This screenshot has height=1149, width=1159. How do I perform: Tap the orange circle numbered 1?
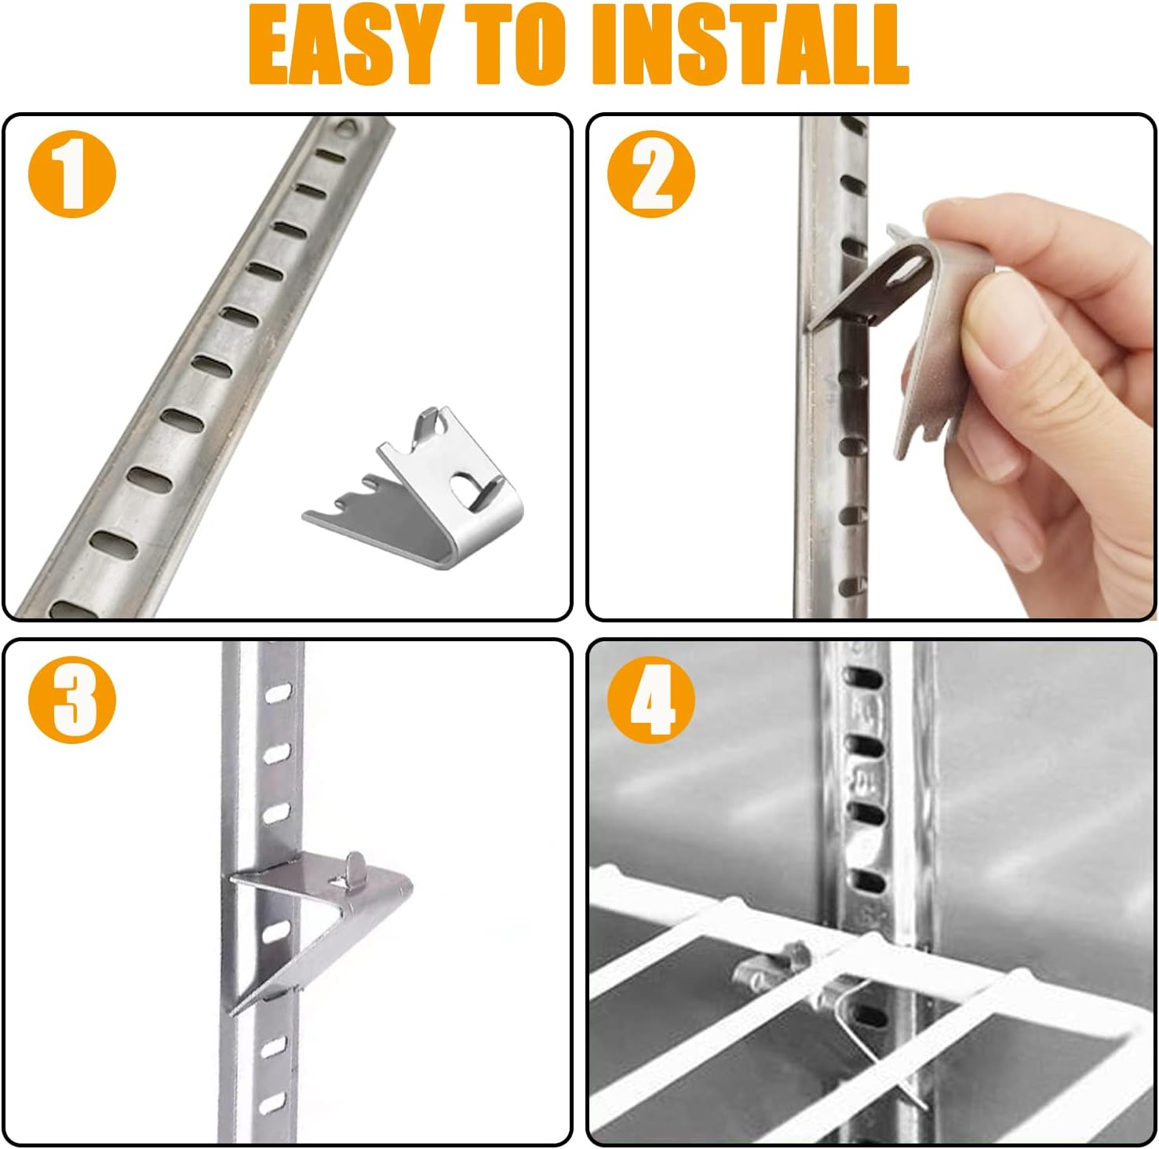tap(72, 174)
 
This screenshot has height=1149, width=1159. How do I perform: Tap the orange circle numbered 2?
tap(651, 174)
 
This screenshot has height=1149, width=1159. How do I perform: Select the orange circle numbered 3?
tap(72, 699)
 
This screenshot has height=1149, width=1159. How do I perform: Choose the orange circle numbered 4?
tap(651, 699)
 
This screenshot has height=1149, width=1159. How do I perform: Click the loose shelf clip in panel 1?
tap(416, 494)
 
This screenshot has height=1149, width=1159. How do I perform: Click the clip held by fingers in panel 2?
tap(902, 314)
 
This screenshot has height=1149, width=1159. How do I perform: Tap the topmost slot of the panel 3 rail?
tap(276, 694)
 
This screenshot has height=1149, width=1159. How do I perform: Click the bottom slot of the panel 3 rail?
tap(273, 1104)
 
